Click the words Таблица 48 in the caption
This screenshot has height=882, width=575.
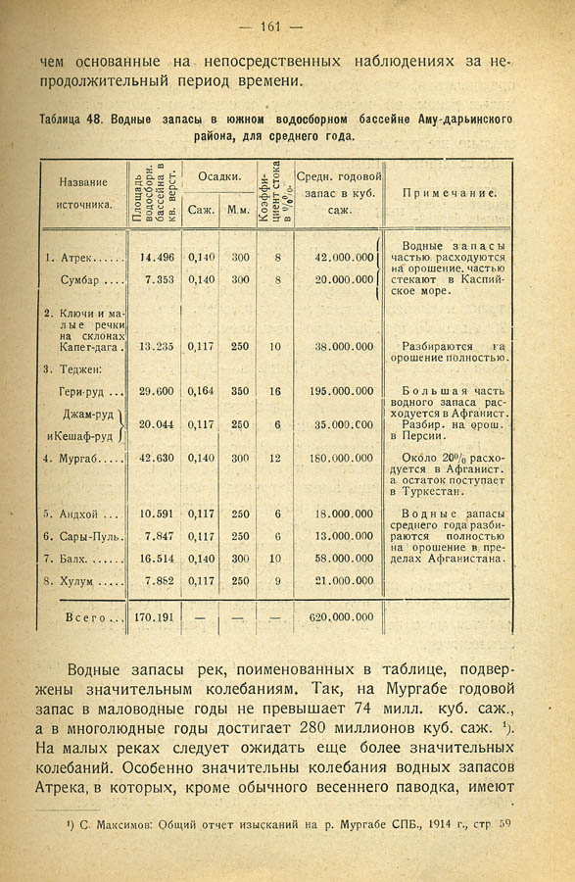[72, 120]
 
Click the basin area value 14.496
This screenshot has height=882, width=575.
[157, 258]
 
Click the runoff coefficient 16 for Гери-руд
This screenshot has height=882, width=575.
[274, 390]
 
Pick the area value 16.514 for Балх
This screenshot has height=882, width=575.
[157, 559]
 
